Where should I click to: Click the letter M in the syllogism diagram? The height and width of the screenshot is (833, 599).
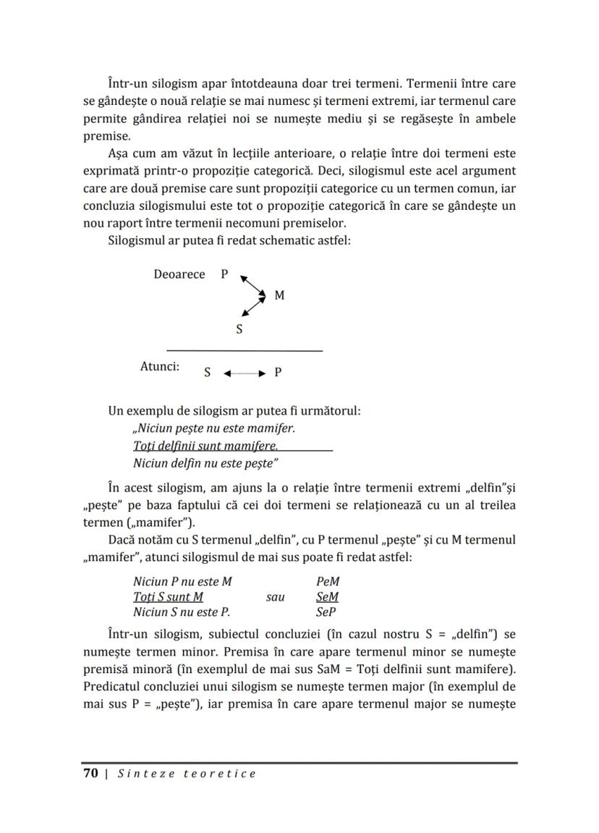[279, 296]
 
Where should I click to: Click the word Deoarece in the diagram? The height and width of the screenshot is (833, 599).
[179, 275]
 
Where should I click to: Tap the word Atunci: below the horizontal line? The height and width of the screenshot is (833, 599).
[159, 367]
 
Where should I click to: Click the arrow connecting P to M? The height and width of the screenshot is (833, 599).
[252, 285]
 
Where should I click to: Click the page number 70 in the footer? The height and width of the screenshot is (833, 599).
[90, 774]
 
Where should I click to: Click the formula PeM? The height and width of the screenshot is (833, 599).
[328, 582]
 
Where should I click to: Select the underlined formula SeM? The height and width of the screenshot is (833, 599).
[328, 597]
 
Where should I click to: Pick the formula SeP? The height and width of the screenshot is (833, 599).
[326, 612]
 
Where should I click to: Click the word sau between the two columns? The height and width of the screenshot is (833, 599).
[276, 597]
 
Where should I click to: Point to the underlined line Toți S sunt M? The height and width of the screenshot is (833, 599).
[168, 597]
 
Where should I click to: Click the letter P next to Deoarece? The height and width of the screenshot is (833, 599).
[224, 275]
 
